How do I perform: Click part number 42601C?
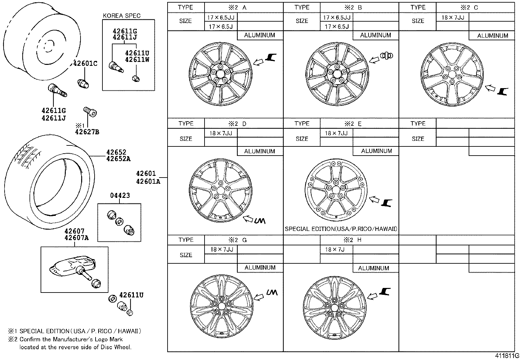click(85, 64)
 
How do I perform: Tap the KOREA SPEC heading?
click(121, 16)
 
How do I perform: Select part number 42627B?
click(87, 132)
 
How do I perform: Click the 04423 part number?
click(120, 196)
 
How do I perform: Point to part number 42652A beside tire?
click(118, 159)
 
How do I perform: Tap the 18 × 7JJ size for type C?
click(453, 18)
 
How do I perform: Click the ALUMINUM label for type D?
click(260, 151)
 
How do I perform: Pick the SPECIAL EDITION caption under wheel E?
click(341, 229)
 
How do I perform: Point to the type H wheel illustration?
click(334, 307)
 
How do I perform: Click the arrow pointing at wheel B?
click(374, 59)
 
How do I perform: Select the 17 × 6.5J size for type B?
click(337, 27)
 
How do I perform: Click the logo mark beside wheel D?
click(259, 221)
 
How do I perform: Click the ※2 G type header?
click(238, 240)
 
